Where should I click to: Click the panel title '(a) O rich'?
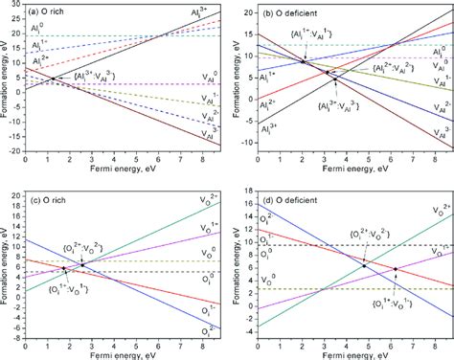click(x=51, y=10)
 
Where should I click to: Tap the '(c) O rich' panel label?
click(x=51, y=197)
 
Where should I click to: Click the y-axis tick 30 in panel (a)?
click(x=15, y=7)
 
